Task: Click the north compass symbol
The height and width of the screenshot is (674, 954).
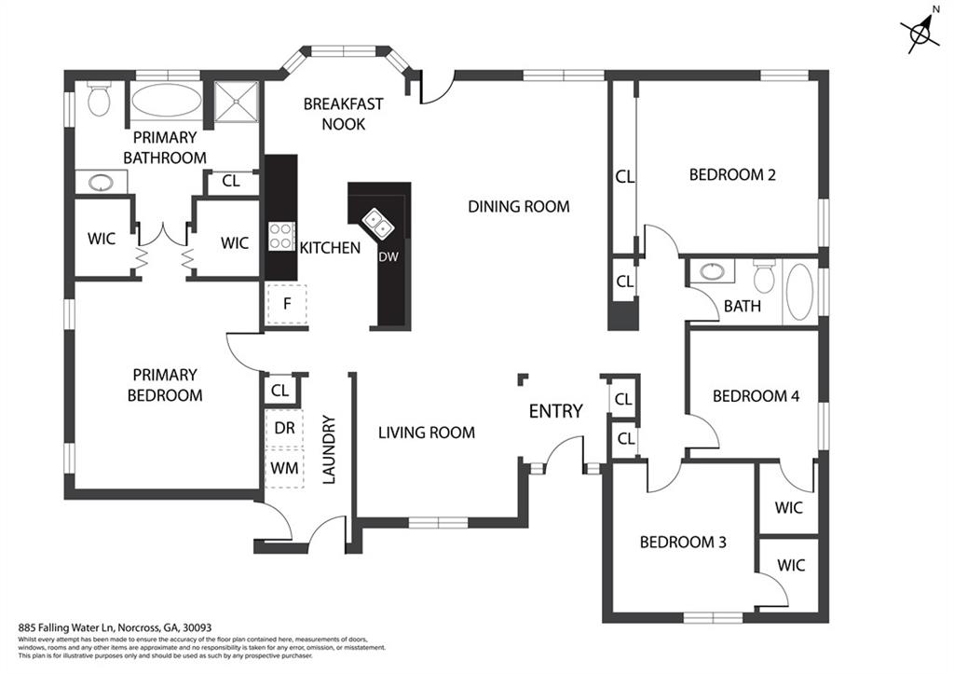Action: (922, 34)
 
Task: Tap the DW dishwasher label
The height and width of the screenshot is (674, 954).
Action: (388, 257)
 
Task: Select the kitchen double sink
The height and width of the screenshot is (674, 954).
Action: (377, 222)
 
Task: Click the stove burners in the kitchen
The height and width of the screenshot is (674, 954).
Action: (281, 236)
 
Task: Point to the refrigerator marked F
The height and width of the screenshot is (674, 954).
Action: (287, 303)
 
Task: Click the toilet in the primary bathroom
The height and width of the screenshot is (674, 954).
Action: (99, 99)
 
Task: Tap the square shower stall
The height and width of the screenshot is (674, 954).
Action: (237, 101)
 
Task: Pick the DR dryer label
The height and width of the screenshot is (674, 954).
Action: (285, 427)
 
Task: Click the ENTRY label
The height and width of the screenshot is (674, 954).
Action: (555, 411)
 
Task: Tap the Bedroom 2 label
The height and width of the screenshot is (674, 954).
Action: (732, 174)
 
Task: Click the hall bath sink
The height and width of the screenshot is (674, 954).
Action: (713, 272)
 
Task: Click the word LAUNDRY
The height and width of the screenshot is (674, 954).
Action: (328, 450)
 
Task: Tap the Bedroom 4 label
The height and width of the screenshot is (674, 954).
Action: (756, 395)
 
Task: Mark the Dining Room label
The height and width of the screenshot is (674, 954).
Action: (518, 206)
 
